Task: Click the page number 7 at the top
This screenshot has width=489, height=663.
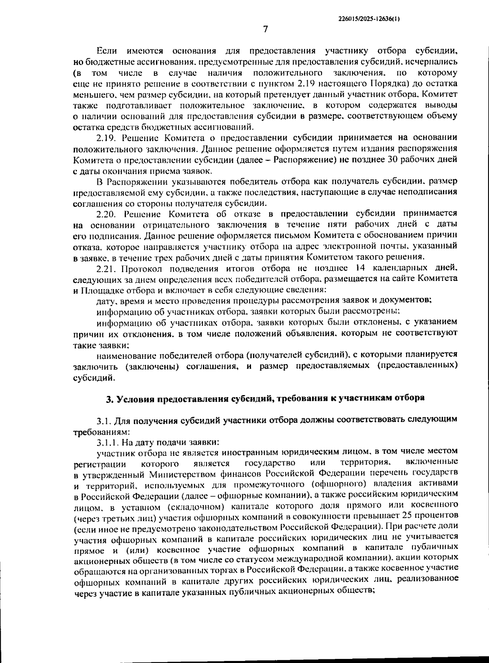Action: tap(265, 29)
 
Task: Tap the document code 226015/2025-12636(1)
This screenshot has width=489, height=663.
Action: tap(369, 18)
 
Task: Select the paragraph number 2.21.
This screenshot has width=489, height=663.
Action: tap(108, 268)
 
